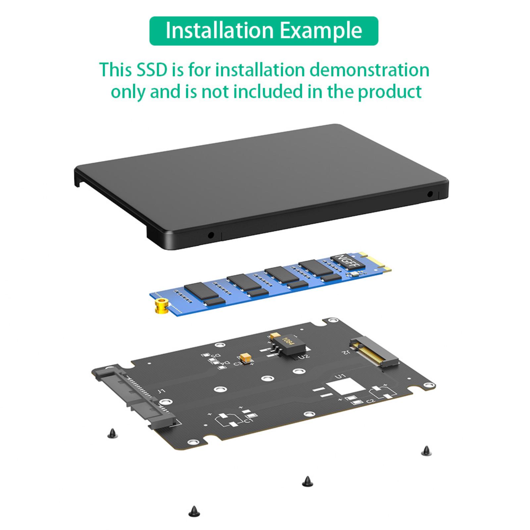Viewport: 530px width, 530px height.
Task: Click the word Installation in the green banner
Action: pos(219,30)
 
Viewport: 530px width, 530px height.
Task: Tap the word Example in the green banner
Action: pos(321,31)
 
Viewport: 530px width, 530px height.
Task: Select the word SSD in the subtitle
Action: pos(152,70)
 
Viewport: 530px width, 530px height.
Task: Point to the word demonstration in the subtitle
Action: pos(369,70)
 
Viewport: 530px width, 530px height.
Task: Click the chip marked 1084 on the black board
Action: pos(291,344)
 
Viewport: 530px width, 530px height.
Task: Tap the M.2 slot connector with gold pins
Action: pos(375,353)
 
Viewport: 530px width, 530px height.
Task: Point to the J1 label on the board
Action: pos(161,391)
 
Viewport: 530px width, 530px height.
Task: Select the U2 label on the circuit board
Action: pos(304,356)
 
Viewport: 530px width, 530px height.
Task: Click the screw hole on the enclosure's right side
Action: pos(430,194)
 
